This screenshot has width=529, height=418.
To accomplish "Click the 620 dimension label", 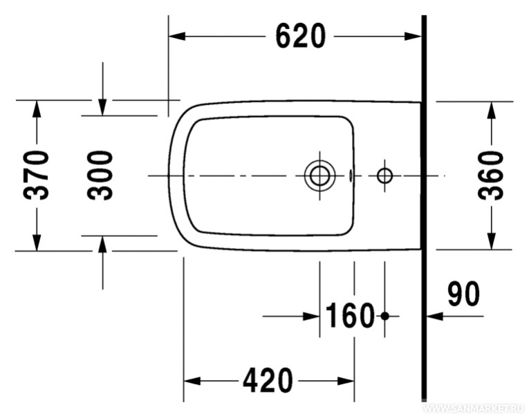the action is pyautogui.click(x=301, y=36).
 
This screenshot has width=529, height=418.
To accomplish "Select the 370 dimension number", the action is pyautogui.click(x=36, y=175).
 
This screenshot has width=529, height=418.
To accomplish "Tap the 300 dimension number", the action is pyautogui.click(x=100, y=175).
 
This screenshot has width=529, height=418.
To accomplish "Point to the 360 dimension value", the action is pyautogui.click(x=491, y=175).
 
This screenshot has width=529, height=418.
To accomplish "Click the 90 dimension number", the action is pyautogui.click(x=463, y=294).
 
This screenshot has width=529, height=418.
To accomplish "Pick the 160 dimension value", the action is pyautogui.click(x=350, y=316).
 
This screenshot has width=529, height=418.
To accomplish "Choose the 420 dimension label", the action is pyautogui.click(x=268, y=381).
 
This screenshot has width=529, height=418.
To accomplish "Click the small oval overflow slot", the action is pyautogui.click(x=350, y=175).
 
